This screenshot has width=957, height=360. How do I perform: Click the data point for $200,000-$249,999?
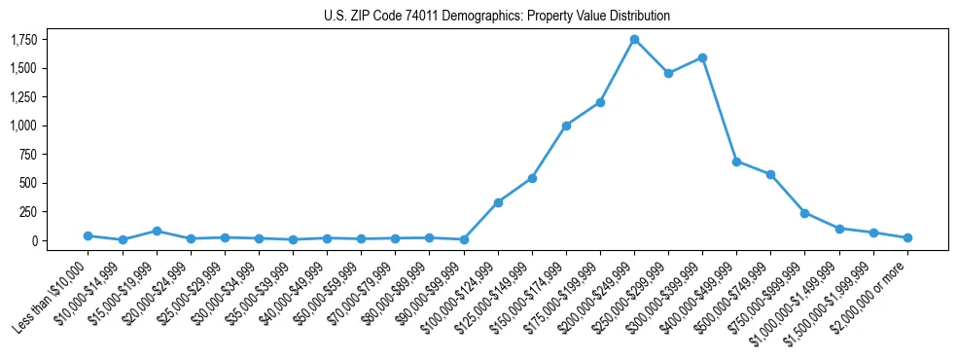pyautogui.click(x=634, y=40)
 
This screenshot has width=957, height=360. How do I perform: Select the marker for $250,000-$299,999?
pyautogui.click(x=668, y=73)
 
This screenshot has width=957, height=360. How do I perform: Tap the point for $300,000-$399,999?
pyautogui.click(x=702, y=57)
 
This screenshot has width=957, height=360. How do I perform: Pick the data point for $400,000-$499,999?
pyautogui.click(x=736, y=162)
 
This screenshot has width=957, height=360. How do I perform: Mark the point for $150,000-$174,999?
pyautogui.click(x=566, y=126)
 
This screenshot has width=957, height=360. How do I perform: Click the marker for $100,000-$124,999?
pyautogui.click(x=498, y=202)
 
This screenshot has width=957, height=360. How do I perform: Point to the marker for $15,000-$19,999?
pyautogui.click(x=157, y=231)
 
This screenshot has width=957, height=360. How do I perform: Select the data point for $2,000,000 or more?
pyautogui.click(x=907, y=237)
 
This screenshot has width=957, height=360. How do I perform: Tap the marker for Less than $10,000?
pyautogui.click(x=89, y=235)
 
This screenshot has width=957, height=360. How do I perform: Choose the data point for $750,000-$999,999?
pyautogui.click(x=804, y=213)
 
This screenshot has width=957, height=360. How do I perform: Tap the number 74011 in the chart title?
pyautogui.click(x=408, y=17)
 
